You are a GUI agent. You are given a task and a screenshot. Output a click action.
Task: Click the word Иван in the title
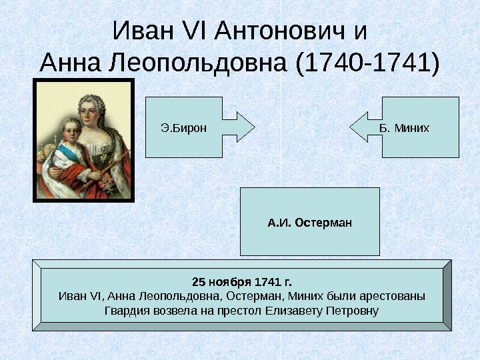141,31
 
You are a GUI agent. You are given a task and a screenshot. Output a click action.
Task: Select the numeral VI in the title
194,31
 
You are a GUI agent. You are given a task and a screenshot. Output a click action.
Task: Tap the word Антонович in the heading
281,31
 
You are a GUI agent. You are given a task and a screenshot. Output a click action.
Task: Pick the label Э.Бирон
184,127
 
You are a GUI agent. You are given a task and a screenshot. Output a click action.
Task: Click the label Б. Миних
403,127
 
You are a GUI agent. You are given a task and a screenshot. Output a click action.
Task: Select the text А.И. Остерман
309,222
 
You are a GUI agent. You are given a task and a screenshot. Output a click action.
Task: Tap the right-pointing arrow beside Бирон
238,127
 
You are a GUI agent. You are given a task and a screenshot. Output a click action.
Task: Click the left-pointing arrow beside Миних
365,127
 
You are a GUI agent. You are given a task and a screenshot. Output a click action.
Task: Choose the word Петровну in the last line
351,311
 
